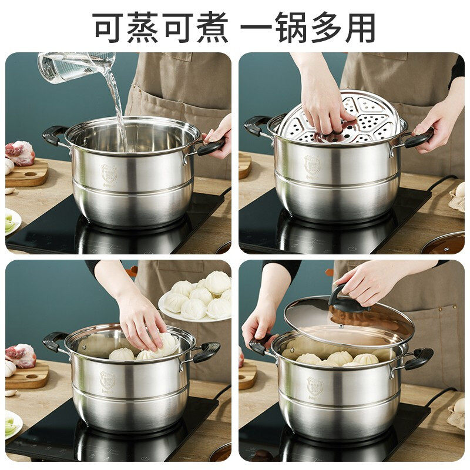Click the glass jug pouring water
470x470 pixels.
(x=76, y=66)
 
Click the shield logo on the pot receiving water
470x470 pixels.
(x=109, y=173)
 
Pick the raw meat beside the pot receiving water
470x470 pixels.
(x=21, y=153)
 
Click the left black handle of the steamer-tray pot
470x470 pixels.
(x=257, y=125)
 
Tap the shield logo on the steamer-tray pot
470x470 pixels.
(x=312, y=164)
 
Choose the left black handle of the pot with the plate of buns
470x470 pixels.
(x=55, y=341)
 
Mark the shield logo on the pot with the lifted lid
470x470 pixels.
(x=314, y=385)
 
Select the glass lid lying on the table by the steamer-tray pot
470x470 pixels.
(x=444, y=243)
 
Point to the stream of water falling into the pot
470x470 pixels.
(x=117, y=109)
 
